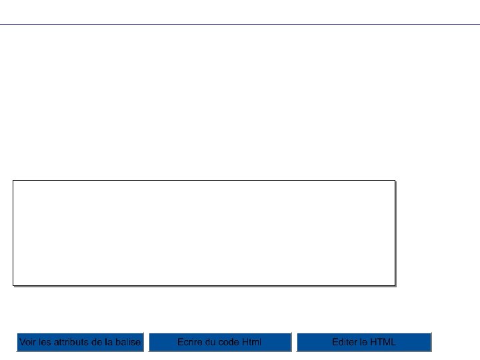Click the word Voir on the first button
coord(27,342)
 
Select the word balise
coord(128,342)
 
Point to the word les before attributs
coord(45,342)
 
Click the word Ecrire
coord(190,342)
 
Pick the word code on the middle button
coord(229,342)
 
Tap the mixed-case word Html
coord(252,342)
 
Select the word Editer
coord(344,342)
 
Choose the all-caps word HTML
coord(383,342)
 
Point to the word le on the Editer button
coord(363,342)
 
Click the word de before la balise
coord(98,342)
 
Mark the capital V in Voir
coord(22,342)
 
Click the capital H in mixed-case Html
coord(245,342)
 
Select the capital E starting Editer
coord(335,342)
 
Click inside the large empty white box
coord(204,232)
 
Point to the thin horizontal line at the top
coord(240,25)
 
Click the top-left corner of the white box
coord(13,180)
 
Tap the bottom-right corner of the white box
coord(395,285)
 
